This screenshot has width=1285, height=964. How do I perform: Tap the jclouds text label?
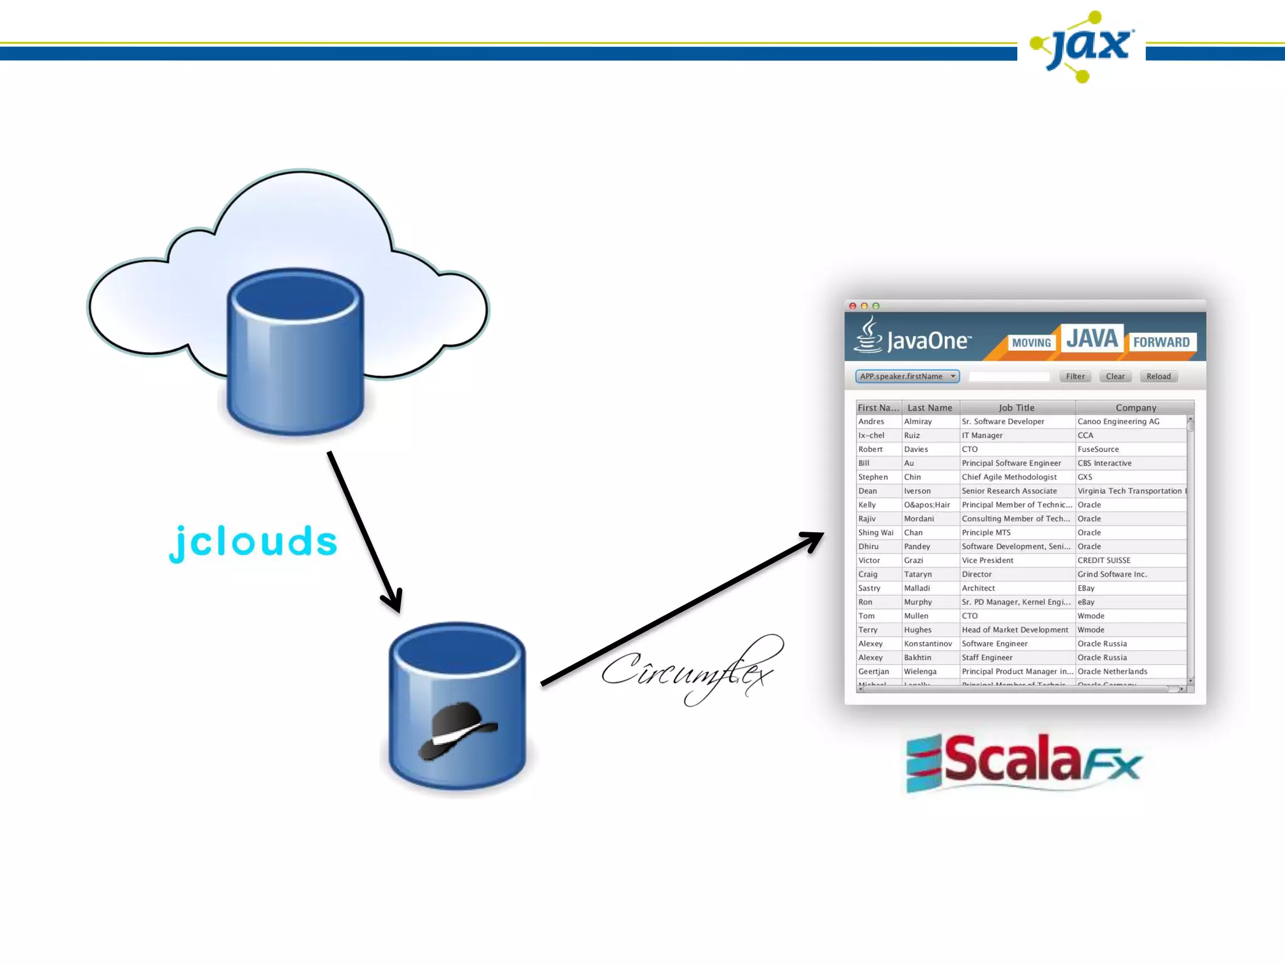click(253, 542)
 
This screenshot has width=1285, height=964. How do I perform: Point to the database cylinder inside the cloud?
click(295, 351)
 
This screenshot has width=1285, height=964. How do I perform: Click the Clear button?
click(1115, 377)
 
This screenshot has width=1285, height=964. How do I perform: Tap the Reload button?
click(1158, 377)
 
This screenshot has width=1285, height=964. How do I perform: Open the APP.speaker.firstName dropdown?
click(907, 377)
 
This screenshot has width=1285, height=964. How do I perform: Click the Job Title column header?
click(1016, 407)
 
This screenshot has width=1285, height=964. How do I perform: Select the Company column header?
click(1135, 407)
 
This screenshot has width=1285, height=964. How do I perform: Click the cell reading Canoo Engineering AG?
click(1118, 422)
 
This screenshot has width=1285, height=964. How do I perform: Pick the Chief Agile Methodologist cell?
click(1009, 477)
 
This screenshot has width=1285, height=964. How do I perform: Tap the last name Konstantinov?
click(927, 644)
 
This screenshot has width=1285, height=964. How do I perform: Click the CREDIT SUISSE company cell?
click(1104, 560)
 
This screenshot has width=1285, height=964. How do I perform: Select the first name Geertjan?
click(873, 672)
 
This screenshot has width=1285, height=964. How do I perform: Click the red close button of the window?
click(853, 306)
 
